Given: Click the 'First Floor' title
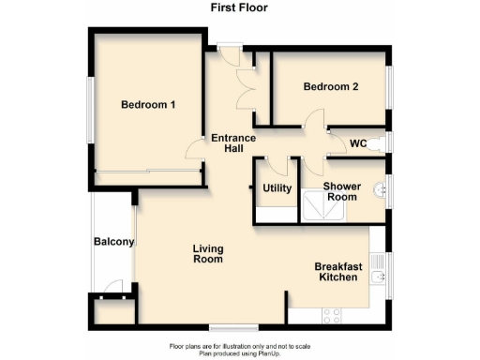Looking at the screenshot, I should (x=239, y=8).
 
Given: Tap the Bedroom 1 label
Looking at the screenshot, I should (x=148, y=105).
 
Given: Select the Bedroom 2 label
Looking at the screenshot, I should (x=331, y=87).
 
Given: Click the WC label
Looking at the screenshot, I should (x=357, y=143).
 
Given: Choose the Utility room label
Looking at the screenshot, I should (x=277, y=188).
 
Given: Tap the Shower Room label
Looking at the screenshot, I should (x=341, y=191).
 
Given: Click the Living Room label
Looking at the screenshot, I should (x=207, y=254).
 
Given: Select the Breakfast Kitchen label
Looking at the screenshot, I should (x=335, y=271).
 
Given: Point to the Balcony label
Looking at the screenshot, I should (x=114, y=242).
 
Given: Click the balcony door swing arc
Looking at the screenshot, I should (x=113, y=286).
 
